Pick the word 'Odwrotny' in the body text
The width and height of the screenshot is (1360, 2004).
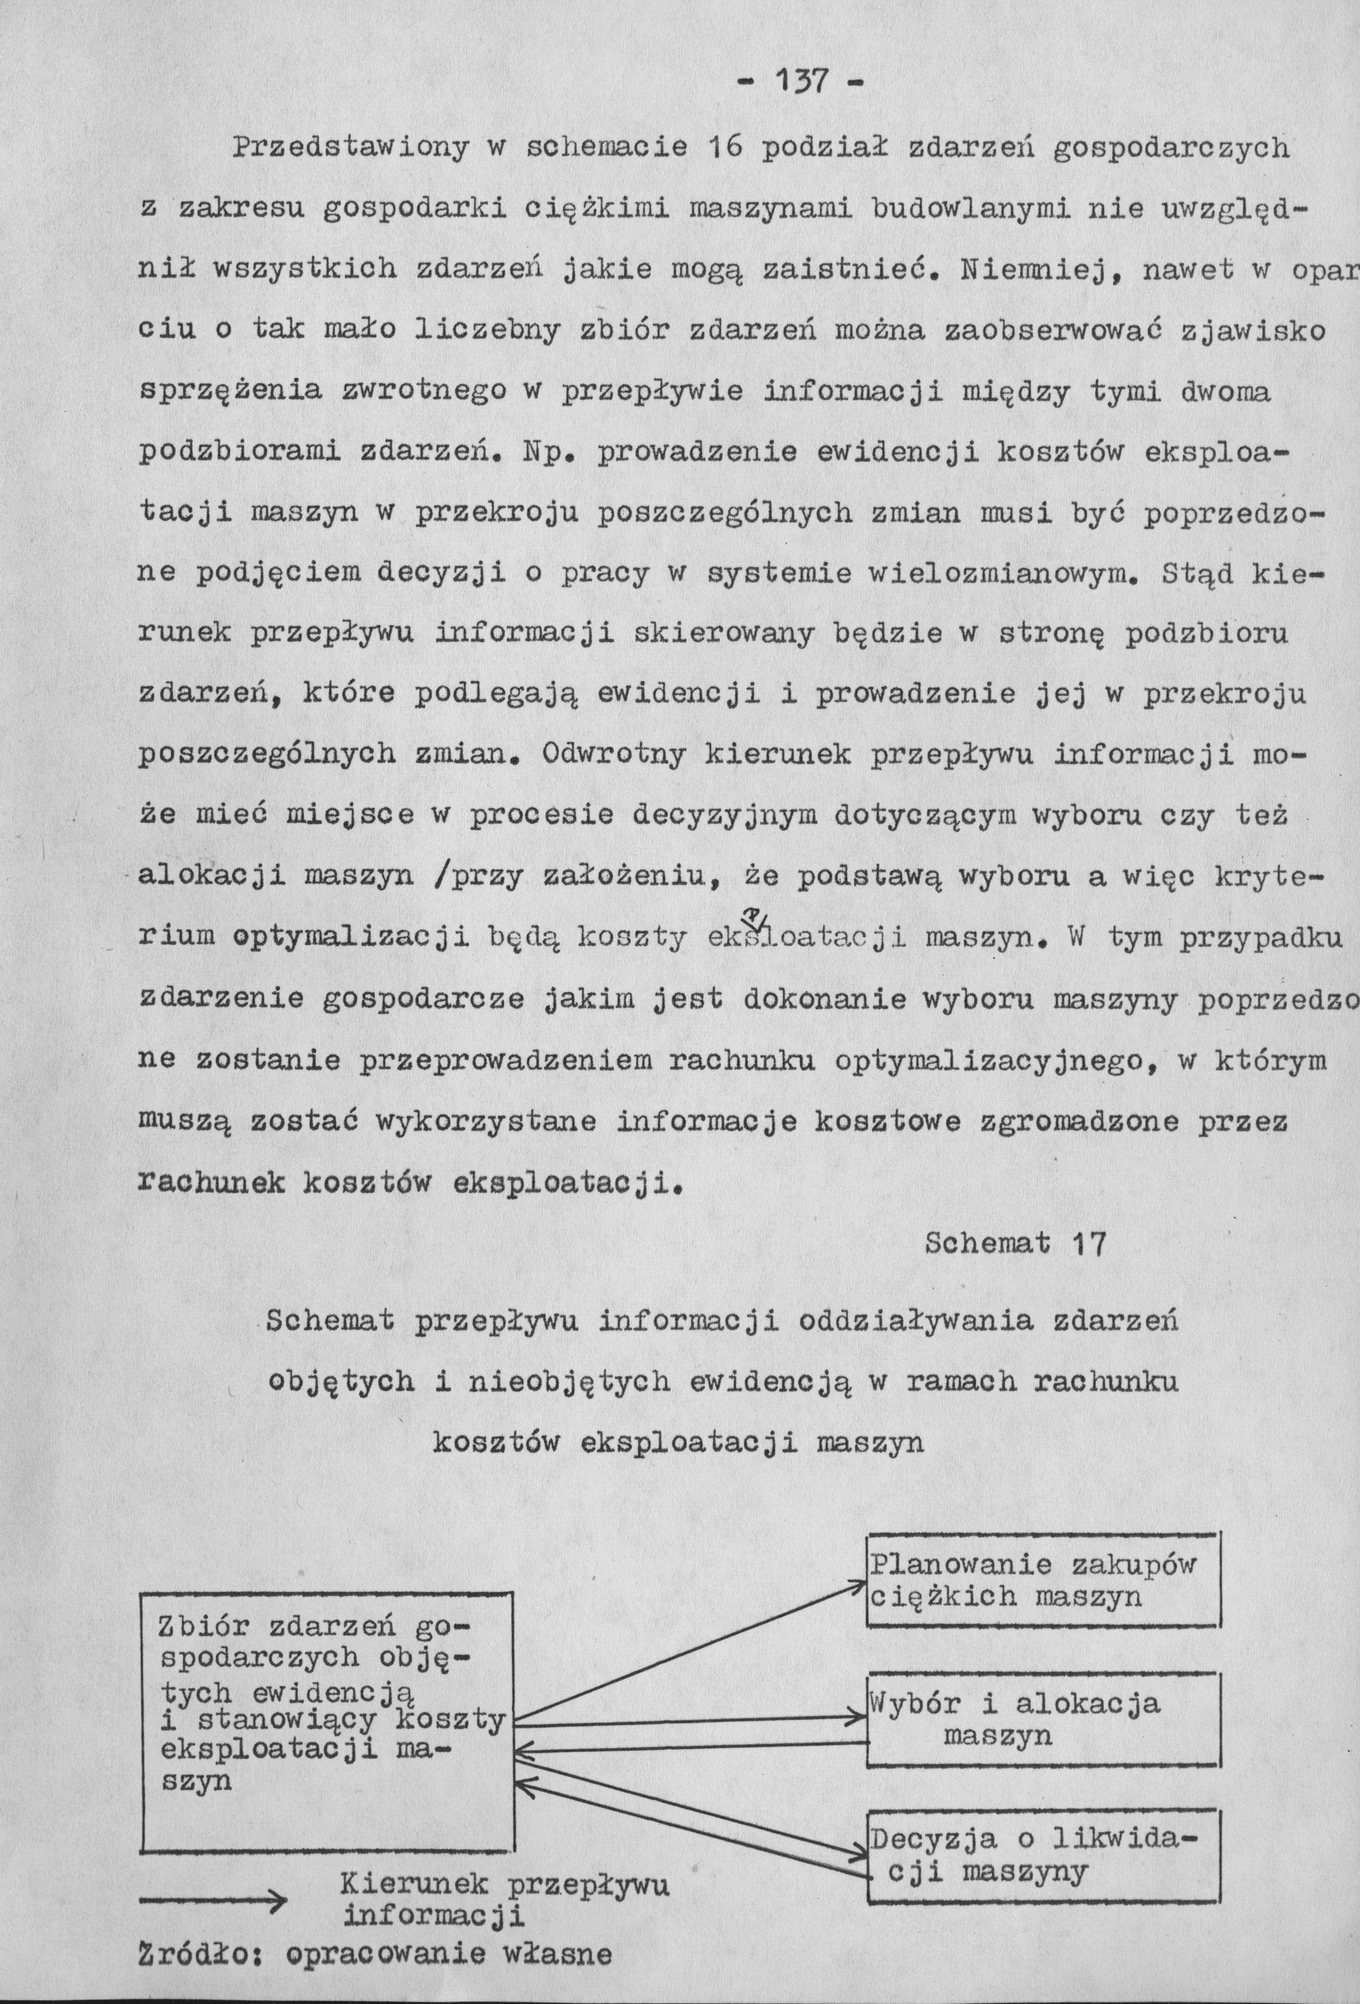[614, 755]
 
